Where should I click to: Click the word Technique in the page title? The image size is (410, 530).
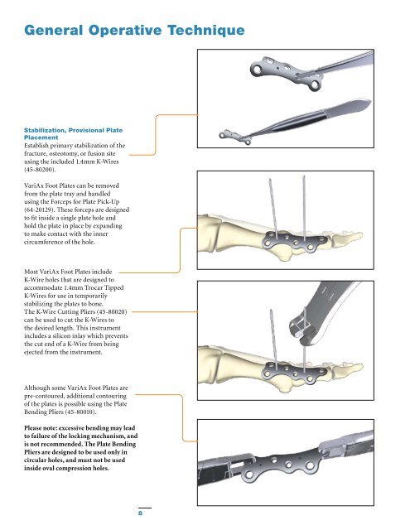click(x=206, y=31)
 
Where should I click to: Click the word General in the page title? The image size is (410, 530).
click(x=53, y=30)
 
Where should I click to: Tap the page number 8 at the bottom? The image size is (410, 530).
click(x=140, y=513)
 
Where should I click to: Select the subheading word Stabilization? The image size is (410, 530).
click(x=44, y=130)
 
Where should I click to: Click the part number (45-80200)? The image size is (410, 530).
click(x=40, y=170)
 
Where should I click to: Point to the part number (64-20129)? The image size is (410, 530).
click(x=40, y=210)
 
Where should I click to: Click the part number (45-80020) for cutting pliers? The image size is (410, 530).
click(x=111, y=311)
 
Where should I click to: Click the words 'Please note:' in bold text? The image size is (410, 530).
click(x=41, y=428)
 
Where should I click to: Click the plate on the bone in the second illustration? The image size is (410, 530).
click(x=294, y=242)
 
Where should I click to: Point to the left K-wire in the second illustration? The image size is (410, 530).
click(x=273, y=209)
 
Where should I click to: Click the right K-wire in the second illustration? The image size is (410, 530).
click(x=304, y=208)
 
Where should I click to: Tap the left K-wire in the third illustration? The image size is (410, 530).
click(x=274, y=339)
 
